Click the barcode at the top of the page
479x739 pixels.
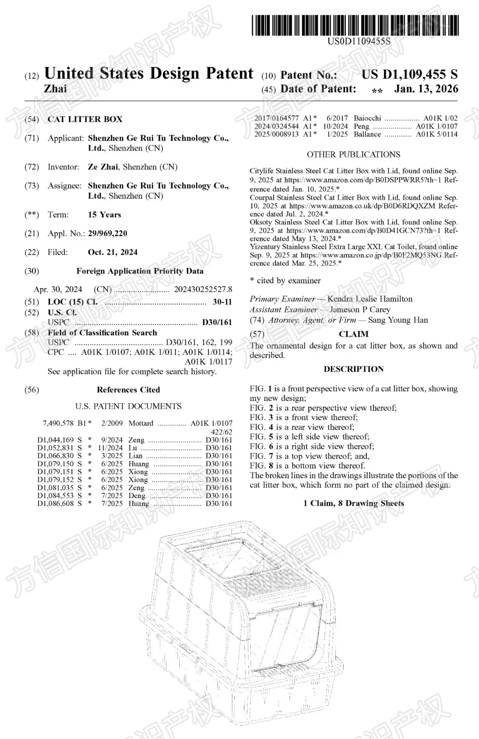[x=355, y=25]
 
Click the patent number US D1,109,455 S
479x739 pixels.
[x=409, y=75]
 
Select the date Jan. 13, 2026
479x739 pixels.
[x=426, y=89]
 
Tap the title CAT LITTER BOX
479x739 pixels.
[x=85, y=119]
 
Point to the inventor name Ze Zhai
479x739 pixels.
[x=103, y=167]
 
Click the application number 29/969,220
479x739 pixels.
[x=107, y=234]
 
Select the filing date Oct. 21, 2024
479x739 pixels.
[x=113, y=252]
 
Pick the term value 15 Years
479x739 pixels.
[x=104, y=215]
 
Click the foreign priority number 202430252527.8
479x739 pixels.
[x=203, y=290]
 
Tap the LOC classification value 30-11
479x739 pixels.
[x=222, y=302]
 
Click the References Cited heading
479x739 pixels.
[x=128, y=390]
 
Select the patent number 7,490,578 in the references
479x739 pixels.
[x=59, y=423]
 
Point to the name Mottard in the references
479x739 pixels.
[x=141, y=423]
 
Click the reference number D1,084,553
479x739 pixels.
[x=55, y=496]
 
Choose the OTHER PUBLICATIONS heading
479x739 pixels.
[x=353, y=155]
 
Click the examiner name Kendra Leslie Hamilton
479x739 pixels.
[x=369, y=299]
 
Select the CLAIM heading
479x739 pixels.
[x=353, y=334]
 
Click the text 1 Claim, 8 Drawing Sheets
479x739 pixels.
[x=353, y=503]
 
